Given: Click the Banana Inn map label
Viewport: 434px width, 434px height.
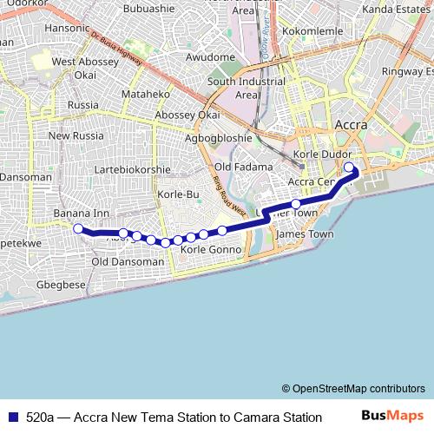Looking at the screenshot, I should [x=81, y=213].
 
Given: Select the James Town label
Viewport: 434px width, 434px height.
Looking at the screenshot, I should [x=304, y=234].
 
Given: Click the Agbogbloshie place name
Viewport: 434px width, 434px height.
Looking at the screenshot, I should [x=219, y=137].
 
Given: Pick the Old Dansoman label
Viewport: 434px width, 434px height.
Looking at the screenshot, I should [x=127, y=261].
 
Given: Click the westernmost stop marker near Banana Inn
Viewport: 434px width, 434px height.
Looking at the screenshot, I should [x=77, y=229].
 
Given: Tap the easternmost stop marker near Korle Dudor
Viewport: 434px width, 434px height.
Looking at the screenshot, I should [x=349, y=168].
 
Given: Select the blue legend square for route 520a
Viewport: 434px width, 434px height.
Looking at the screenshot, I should [x=10, y=417].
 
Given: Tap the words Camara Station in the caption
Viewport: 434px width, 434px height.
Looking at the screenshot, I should [x=276, y=417].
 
